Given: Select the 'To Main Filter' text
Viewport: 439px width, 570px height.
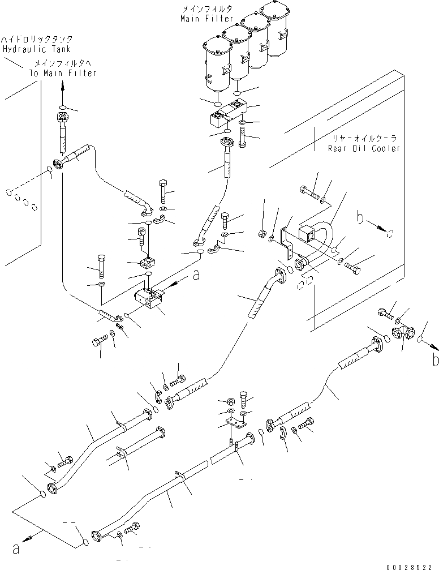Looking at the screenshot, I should (63, 73).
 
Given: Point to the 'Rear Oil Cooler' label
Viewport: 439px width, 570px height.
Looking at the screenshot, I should (364, 148).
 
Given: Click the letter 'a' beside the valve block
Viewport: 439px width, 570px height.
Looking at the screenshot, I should (196, 276).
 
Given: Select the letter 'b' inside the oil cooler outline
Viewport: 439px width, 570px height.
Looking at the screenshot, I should (359, 217).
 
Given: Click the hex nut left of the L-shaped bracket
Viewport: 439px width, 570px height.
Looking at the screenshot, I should (262, 232).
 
